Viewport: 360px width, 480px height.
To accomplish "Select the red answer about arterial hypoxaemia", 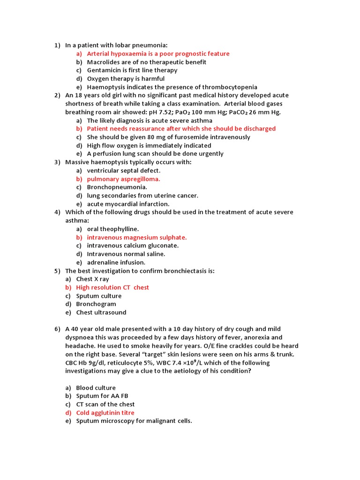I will point(158,53).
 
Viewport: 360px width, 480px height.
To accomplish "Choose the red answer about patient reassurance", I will point(181,128).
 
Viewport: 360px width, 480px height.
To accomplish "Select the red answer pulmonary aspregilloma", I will point(123,179).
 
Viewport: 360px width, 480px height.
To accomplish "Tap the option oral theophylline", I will point(112,229).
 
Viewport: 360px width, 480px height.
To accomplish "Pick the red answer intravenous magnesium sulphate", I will point(136,237).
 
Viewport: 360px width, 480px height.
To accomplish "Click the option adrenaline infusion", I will point(116,262).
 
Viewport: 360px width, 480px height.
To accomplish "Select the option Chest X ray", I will point(92,279).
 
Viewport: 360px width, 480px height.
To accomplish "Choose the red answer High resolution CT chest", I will point(112,287).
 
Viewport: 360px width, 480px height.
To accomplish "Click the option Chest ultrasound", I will point(101,312).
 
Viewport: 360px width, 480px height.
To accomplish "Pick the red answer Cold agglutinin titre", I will point(105,412).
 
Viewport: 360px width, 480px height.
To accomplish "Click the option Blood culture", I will point(96,388).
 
